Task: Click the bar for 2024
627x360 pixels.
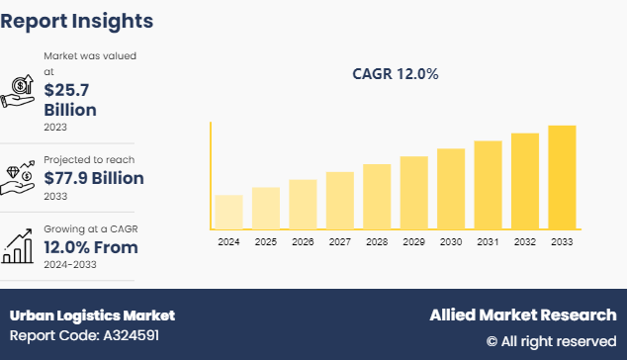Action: [228, 212]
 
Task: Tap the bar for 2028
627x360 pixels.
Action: [377, 196]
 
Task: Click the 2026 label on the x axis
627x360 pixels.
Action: [303, 241]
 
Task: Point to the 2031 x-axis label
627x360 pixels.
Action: [488, 241]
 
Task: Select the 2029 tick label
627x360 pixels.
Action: [413, 241]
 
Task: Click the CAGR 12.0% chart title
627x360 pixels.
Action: [396, 74]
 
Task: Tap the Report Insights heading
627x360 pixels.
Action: [76, 20]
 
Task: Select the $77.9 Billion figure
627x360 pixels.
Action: [94, 178]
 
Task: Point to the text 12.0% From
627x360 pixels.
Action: [90, 247]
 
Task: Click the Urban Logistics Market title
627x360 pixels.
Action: [92, 315]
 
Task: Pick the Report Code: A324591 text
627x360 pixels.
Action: [85, 335]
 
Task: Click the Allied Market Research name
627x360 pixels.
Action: [522, 315]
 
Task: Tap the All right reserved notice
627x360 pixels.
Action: [551, 341]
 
